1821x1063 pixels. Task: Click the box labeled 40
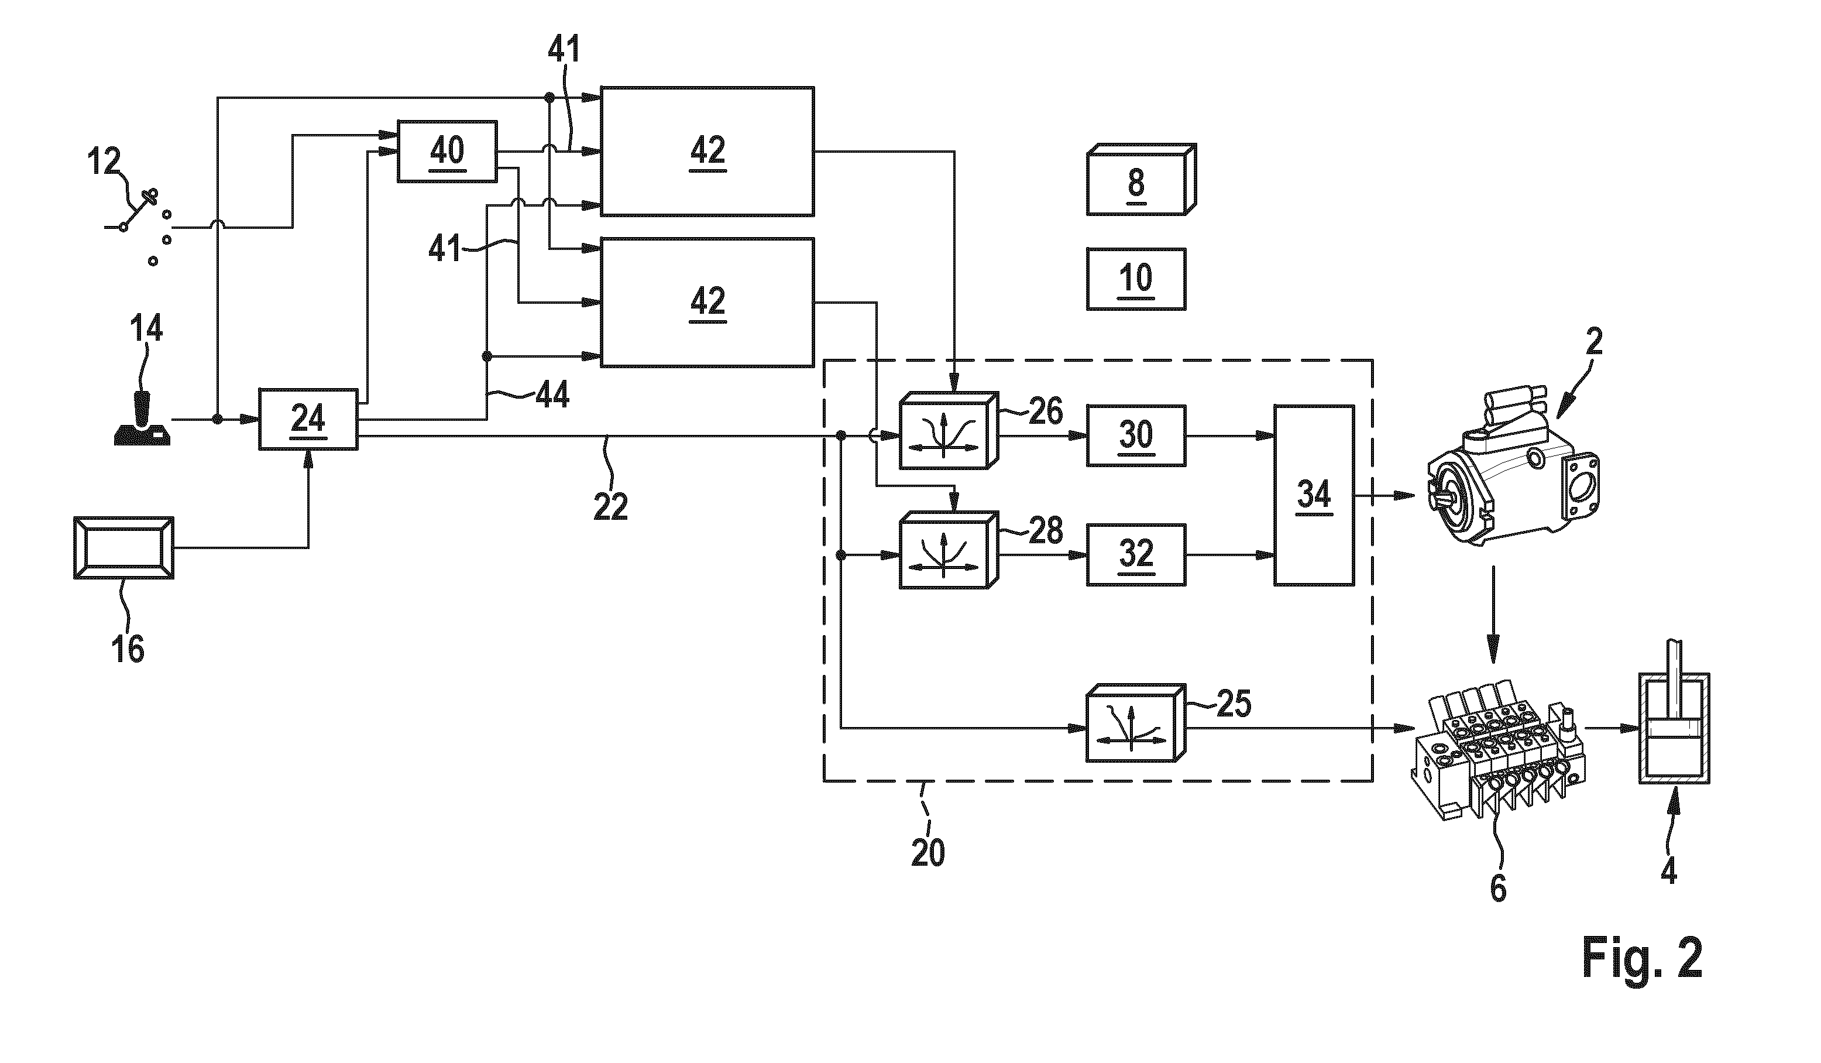(x=447, y=151)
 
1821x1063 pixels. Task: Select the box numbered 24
(x=308, y=419)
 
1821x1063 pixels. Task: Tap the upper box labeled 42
(x=707, y=151)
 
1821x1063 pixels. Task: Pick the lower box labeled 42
(x=707, y=302)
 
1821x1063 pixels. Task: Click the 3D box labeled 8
(x=1141, y=179)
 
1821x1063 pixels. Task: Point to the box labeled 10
(x=1136, y=279)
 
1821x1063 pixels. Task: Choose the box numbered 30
(x=1136, y=436)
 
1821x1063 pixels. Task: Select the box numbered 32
(x=1136, y=555)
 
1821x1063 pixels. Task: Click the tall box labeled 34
(x=1314, y=496)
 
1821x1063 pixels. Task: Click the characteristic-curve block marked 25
(x=1136, y=723)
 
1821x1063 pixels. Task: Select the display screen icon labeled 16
(x=123, y=548)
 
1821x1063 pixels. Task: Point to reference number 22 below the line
(x=611, y=506)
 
